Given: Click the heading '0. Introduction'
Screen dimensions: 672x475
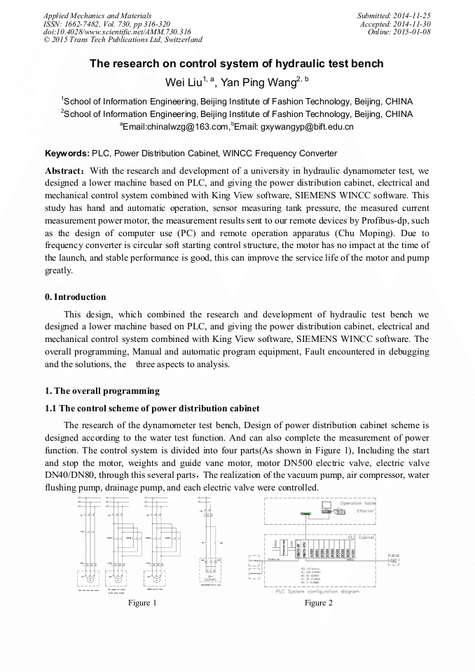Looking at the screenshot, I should tap(76, 297).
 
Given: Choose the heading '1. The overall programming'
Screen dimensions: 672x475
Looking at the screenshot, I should tap(102, 391).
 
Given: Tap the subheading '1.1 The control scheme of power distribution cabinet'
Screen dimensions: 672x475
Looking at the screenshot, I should tap(152, 409).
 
